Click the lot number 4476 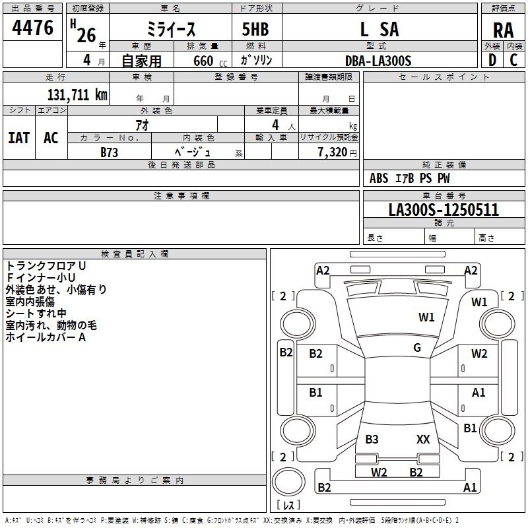tap(33, 28)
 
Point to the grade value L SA tap(379, 30)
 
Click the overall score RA tap(503, 30)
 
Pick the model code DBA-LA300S tap(378, 61)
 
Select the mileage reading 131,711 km tap(77, 94)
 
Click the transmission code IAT tap(18, 138)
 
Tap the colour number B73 tap(109, 152)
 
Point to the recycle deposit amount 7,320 tap(332, 152)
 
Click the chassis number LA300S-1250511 tap(444, 210)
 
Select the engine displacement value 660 tap(203, 61)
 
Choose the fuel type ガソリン tap(256, 60)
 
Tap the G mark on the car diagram tap(417, 348)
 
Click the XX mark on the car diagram tap(423, 439)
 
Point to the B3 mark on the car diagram tap(372, 439)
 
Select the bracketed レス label tap(288, 506)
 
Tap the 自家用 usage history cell tap(141, 61)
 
